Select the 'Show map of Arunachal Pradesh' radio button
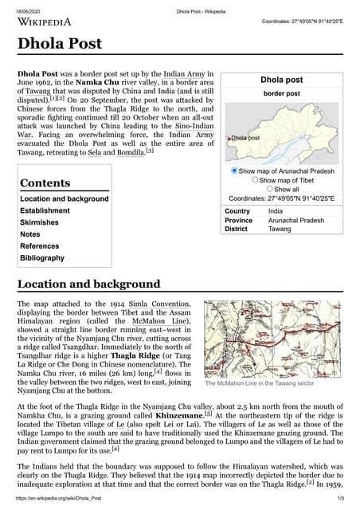coord(234,171)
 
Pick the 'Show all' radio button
coord(270,189)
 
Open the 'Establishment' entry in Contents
coord(45,211)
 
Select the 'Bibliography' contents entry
coord(42,258)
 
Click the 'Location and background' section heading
coord(88,284)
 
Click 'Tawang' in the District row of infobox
coord(280,229)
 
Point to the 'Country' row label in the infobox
coord(237,210)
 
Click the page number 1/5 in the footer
coord(340,499)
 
